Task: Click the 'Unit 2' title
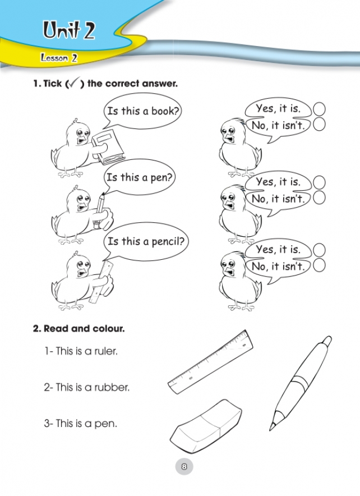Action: (69, 30)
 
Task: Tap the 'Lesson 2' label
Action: (59, 58)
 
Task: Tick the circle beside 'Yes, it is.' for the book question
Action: (319, 109)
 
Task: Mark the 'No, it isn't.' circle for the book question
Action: (319, 125)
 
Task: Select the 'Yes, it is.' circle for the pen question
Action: (319, 182)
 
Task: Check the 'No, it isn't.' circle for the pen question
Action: (319, 198)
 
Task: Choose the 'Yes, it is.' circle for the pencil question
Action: (319, 250)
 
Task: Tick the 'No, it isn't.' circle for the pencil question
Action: (319, 265)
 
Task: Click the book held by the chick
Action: (108, 147)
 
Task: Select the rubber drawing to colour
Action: (205, 425)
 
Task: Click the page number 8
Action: (184, 466)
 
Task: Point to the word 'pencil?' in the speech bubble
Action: (168, 242)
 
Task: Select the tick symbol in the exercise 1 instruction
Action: (73, 83)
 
